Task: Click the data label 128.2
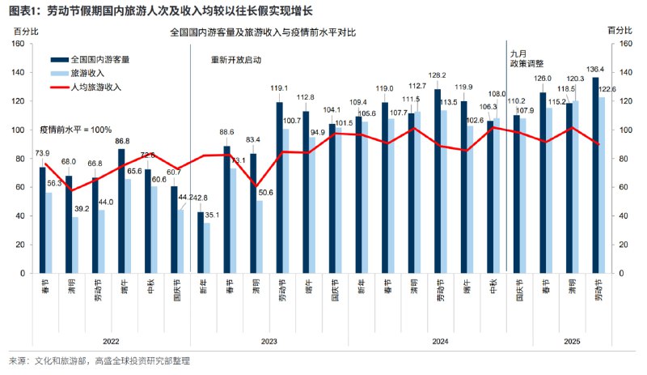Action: [x=438, y=75]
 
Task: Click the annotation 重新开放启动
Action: [x=236, y=60]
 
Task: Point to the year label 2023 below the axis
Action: [x=269, y=342]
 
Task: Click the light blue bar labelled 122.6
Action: [x=602, y=185]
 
